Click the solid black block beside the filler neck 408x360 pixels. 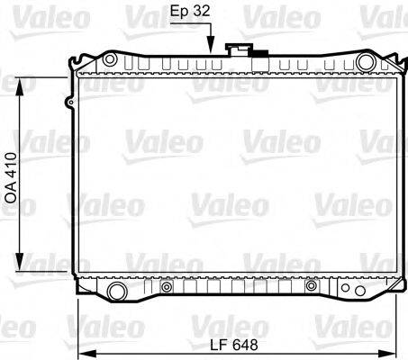(258, 53)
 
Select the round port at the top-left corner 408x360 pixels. (109, 60)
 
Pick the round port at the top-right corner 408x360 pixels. (365, 61)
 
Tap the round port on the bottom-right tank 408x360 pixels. (311, 286)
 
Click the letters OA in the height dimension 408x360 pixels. (12, 193)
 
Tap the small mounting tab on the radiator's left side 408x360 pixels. (69, 104)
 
